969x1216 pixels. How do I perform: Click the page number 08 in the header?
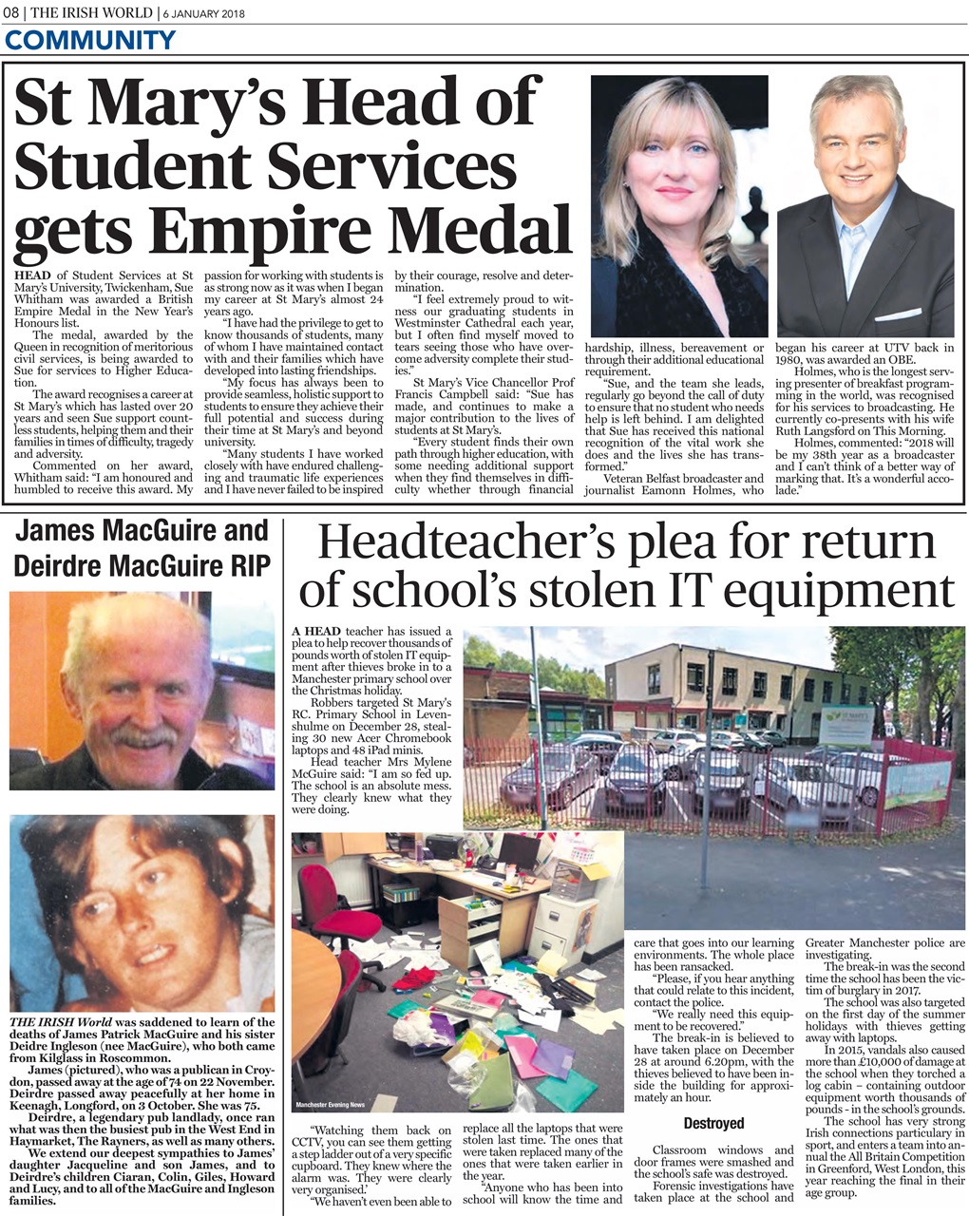click(12, 12)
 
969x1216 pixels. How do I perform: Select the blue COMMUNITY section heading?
click(90, 41)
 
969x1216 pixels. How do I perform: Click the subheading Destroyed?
click(713, 1123)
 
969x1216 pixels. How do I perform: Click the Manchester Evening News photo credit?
click(330, 1105)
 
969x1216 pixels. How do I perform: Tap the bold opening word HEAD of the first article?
click(33, 275)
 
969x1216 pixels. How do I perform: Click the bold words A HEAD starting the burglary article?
click(317, 632)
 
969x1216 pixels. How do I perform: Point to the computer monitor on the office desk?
click(520, 850)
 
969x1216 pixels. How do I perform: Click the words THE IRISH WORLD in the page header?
click(92, 12)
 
